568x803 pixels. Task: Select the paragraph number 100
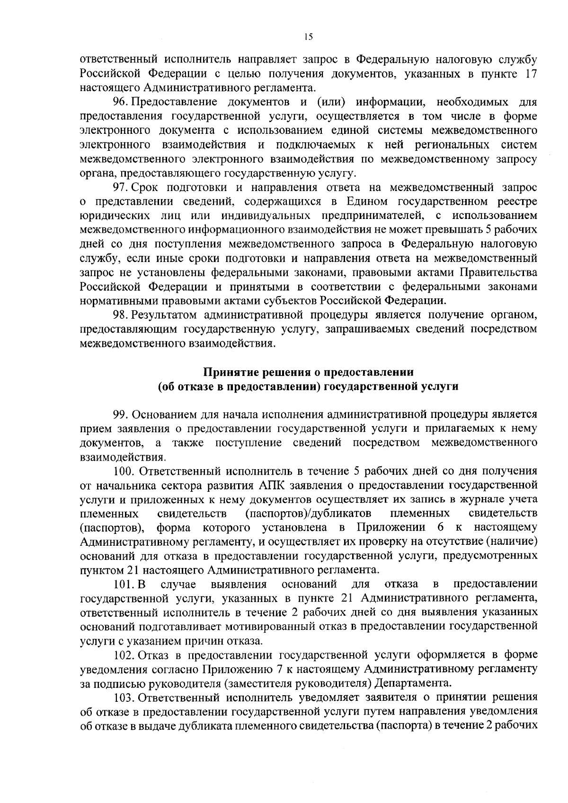click(x=122, y=471)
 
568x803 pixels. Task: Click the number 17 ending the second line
click(x=531, y=74)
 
